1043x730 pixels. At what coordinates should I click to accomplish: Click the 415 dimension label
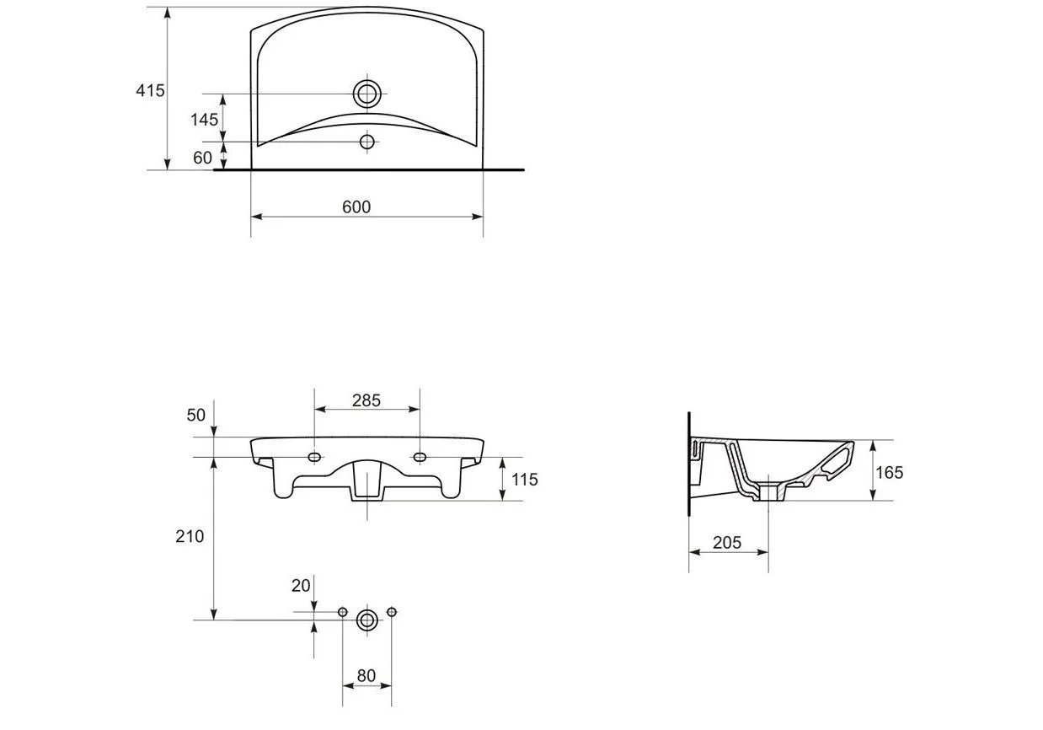point(150,90)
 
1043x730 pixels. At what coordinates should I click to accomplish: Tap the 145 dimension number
point(204,120)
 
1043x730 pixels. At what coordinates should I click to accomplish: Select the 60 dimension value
point(202,158)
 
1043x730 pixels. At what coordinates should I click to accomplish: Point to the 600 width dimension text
point(356,207)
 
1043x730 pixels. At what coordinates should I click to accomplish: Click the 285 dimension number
point(366,400)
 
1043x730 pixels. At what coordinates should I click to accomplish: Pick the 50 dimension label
point(196,415)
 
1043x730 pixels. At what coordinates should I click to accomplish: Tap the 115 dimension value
point(524,480)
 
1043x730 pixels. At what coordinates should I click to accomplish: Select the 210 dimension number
point(190,536)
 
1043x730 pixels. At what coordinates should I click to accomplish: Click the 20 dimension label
point(301,586)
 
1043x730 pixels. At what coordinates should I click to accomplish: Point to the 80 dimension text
point(366,675)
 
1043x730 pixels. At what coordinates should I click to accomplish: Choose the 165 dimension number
point(890,473)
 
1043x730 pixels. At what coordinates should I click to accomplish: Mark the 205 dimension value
point(727,542)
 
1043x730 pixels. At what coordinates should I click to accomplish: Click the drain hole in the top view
point(367,94)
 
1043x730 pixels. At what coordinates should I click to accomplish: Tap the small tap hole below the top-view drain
point(367,142)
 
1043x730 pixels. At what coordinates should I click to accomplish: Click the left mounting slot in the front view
point(314,457)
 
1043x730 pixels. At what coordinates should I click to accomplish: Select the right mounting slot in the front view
point(420,457)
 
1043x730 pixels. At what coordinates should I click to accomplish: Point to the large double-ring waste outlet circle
point(366,620)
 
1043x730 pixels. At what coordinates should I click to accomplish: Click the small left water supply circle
point(342,612)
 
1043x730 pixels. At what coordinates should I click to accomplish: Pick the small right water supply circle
point(392,612)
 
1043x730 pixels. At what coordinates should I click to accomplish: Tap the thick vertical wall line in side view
point(689,464)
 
